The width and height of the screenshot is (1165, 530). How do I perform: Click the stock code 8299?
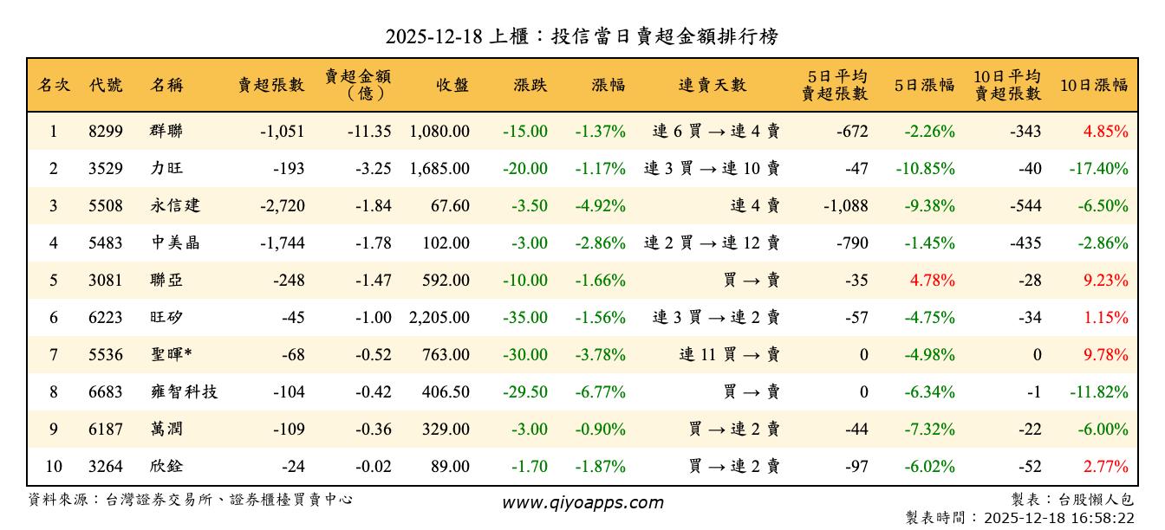(x=106, y=132)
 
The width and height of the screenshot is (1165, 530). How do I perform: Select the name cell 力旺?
(x=166, y=169)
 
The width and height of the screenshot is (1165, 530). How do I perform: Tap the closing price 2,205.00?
(x=439, y=318)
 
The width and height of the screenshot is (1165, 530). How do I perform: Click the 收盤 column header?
(x=452, y=85)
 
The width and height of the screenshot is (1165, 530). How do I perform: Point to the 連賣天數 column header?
(x=713, y=85)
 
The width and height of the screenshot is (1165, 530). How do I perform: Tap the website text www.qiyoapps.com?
(x=582, y=502)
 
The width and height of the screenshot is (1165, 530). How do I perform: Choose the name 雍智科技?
(x=184, y=392)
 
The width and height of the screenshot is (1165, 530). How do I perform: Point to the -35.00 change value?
(x=524, y=318)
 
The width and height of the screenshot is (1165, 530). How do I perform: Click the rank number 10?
(x=54, y=467)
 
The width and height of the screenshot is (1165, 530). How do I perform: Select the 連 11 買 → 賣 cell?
(x=730, y=355)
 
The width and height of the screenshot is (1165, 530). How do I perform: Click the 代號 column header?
(x=106, y=85)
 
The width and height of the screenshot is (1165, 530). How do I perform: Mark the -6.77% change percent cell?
(x=600, y=392)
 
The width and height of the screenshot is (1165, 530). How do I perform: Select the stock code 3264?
(x=106, y=467)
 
